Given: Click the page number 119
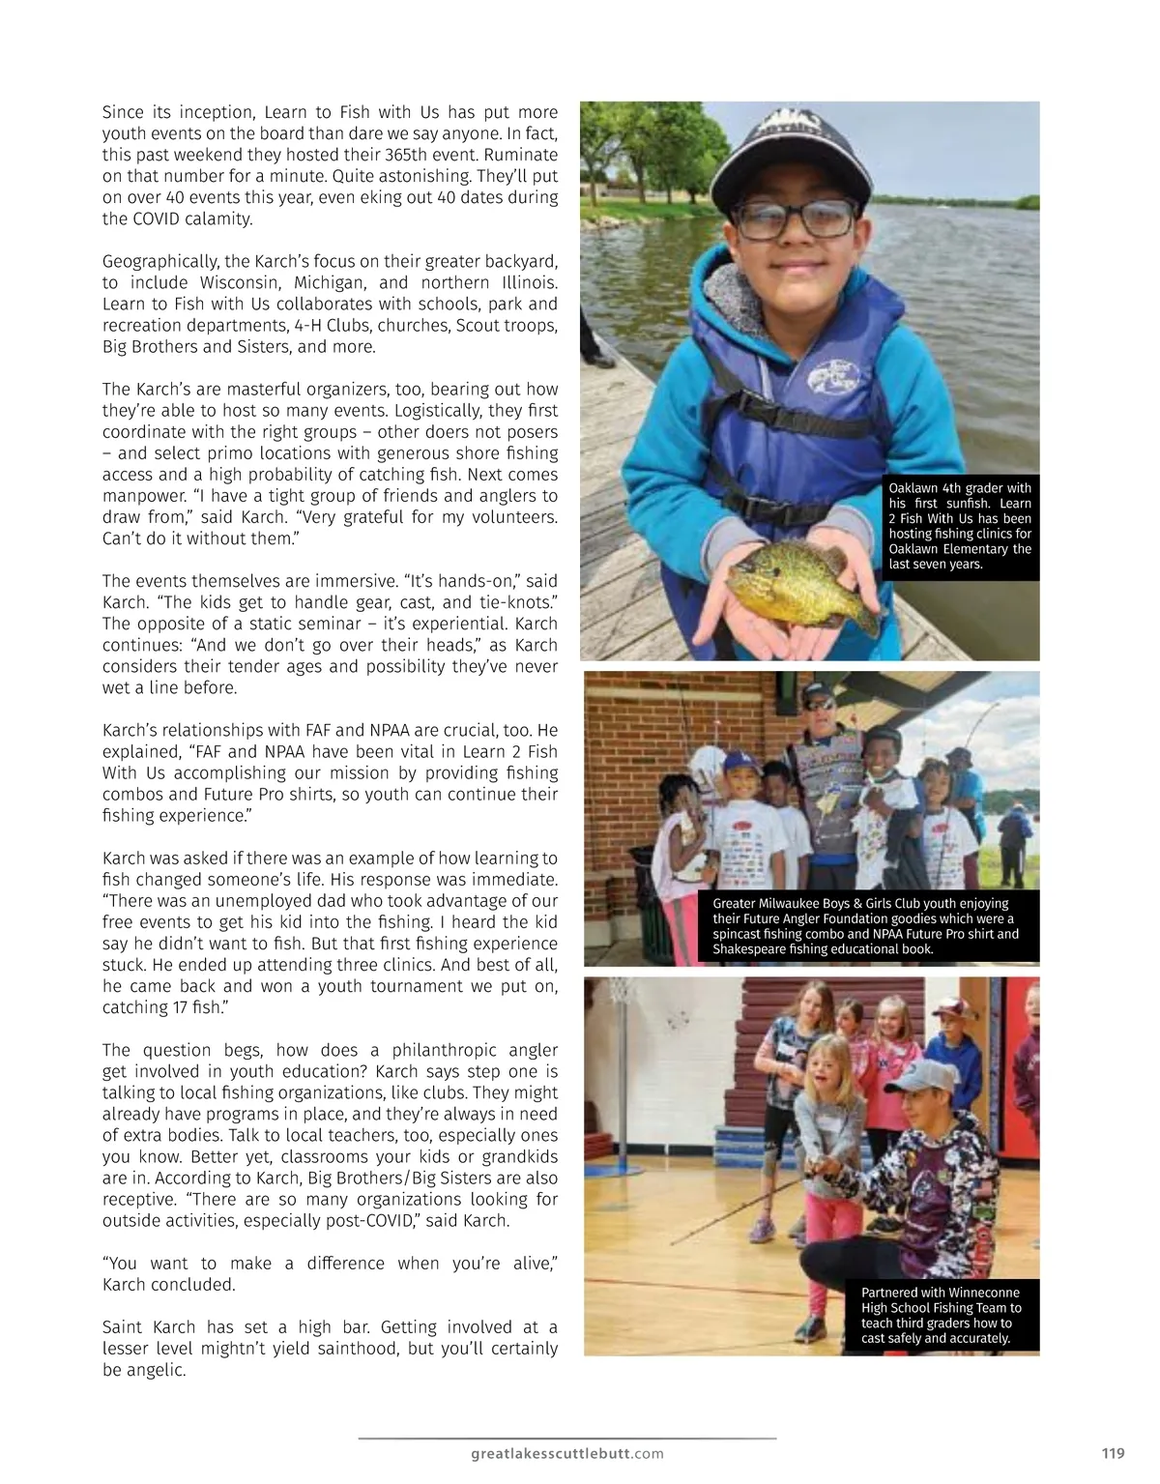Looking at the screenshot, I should click(x=1113, y=1451).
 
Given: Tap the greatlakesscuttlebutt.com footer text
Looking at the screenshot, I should click(x=567, y=1451).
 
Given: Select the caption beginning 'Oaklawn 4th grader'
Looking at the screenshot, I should click(x=960, y=526).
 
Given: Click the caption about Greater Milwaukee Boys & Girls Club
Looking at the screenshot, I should click(x=867, y=926).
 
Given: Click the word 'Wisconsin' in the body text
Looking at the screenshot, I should click(x=246, y=282).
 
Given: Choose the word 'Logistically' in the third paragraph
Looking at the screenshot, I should click(x=415, y=410).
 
